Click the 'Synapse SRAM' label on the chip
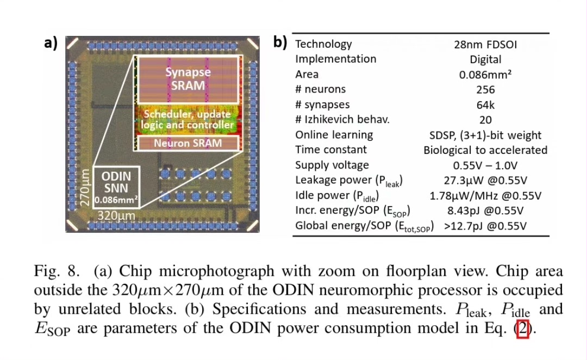(x=188, y=79)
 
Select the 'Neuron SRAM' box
(x=188, y=144)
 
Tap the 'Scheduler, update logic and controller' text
(x=188, y=120)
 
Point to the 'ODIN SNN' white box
(x=116, y=188)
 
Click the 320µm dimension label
(x=116, y=215)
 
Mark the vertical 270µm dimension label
(x=84, y=188)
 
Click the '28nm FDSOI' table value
(x=485, y=45)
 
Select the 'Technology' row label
(x=323, y=44)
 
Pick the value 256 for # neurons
(x=485, y=90)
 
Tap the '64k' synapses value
(x=485, y=105)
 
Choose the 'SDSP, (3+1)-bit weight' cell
(x=485, y=135)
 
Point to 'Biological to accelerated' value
(x=485, y=150)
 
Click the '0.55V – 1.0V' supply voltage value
(x=485, y=165)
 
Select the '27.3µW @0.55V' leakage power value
(x=485, y=180)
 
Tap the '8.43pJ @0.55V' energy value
(x=485, y=210)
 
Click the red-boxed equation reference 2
(x=523, y=330)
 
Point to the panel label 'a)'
(x=51, y=43)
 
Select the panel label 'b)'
(x=280, y=43)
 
